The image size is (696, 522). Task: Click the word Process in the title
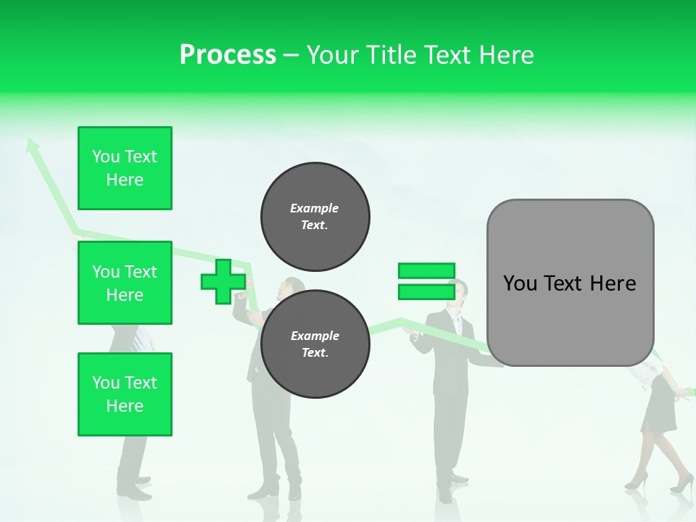(x=228, y=55)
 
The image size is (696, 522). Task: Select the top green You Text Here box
(x=125, y=168)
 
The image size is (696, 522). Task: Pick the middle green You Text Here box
(x=125, y=283)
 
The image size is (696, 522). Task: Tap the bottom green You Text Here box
(x=125, y=394)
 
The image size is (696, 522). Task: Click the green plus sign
(x=223, y=282)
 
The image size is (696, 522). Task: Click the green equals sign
(x=426, y=281)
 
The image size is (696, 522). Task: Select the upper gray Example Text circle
(x=315, y=216)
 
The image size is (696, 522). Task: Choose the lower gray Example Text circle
(x=315, y=344)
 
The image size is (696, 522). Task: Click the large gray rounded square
(x=570, y=282)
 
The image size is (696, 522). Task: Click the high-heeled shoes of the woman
(x=656, y=481)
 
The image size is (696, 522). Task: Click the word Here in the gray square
(x=613, y=283)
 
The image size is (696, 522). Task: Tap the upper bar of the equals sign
(x=426, y=271)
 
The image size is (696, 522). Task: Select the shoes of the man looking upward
(x=275, y=491)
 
